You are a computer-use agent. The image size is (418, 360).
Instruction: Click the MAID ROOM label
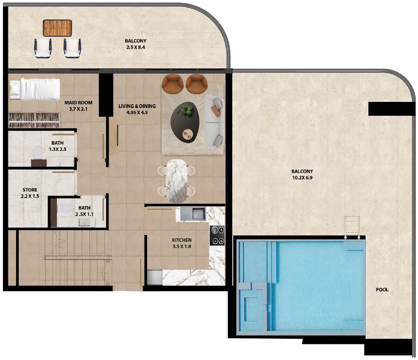tap(79, 103)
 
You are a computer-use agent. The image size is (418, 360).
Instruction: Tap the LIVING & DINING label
tap(137, 106)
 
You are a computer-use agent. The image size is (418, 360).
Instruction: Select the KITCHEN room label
tap(182, 240)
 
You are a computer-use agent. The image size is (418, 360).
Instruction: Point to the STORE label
tap(30, 190)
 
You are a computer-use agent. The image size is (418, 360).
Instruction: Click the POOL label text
tap(382, 290)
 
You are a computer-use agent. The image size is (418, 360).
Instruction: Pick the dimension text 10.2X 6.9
tap(302, 178)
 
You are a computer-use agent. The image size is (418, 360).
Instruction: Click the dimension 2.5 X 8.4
tap(135, 47)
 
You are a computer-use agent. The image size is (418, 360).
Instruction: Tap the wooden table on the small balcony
tap(57, 28)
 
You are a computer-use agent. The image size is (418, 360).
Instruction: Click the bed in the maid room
tap(34, 89)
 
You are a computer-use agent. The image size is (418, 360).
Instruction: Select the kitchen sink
tap(193, 214)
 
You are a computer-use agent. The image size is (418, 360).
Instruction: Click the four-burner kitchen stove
tap(217, 235)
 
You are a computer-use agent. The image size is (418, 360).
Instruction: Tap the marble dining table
tap(176, 181)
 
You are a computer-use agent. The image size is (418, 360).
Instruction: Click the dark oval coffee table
tap(185, 122)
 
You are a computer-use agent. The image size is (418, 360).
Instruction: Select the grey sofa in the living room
tap(214, 123)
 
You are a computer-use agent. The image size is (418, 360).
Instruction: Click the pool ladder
tap(352, 227)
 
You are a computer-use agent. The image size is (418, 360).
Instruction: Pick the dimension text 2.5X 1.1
tap(84, 214)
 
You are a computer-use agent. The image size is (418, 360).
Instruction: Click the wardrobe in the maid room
tap(34, 120)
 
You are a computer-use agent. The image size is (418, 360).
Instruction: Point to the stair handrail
tap(78, 257)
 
